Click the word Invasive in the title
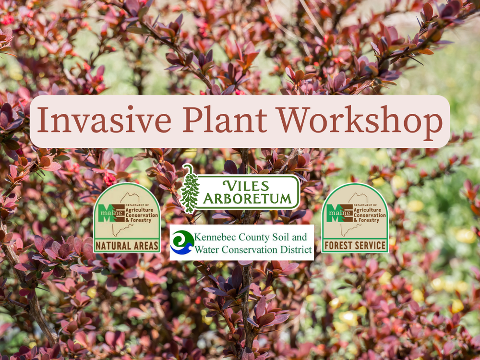click(104, 120)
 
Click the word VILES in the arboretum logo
click(246, 186)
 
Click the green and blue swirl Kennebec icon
click(182, 242)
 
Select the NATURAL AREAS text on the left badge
click(127, 245)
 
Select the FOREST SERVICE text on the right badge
click(355, 245)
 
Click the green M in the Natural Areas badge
click(107, 213)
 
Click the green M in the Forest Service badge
click(335, 213)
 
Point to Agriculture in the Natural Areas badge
click(139, 210)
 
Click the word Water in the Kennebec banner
click(206, 250)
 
